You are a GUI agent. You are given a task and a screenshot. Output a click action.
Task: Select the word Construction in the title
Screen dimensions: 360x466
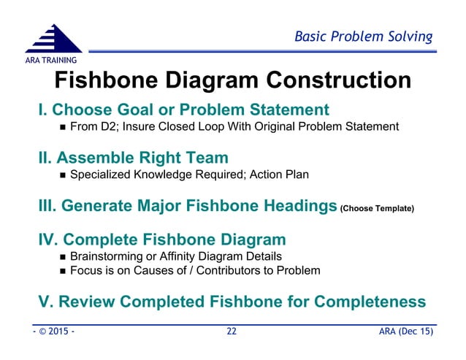click(334, 80)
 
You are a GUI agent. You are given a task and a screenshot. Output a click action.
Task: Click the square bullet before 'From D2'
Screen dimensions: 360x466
click(62, 128)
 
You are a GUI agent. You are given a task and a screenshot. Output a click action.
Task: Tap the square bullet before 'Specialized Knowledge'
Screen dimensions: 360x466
click(62, 175)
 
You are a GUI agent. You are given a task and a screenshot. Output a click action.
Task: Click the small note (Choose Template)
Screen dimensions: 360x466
click(377, 209)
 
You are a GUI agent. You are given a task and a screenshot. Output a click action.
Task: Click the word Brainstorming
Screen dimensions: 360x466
click(110, 256)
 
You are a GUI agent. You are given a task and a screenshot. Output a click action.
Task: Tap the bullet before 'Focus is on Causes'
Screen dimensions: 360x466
click(62, 271)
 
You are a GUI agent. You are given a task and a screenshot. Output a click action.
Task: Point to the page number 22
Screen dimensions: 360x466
click(232, 332)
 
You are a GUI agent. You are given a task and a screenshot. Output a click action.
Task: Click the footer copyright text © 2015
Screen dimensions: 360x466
click(52, 332)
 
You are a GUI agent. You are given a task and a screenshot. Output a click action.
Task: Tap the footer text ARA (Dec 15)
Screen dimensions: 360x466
click(406, 332)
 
